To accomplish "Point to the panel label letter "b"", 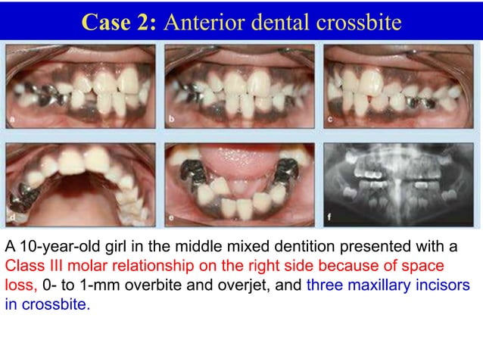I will (173, 120).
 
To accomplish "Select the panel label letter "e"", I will (173, 220).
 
